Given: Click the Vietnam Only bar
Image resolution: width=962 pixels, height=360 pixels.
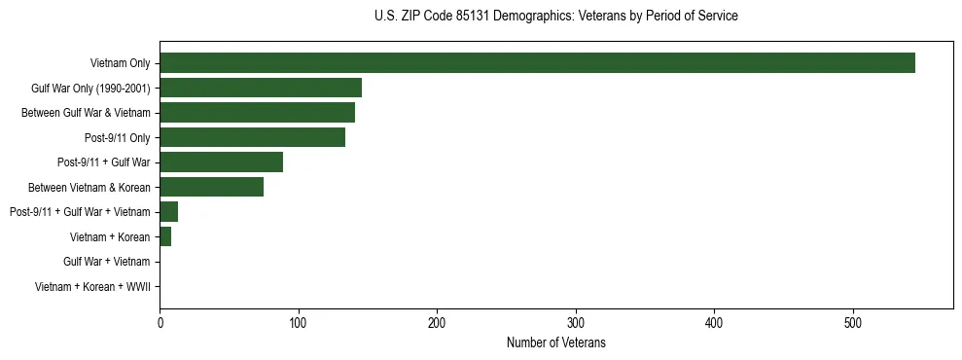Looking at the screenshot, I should click(537, 63).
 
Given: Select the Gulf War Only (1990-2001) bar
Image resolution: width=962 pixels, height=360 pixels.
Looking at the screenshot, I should click(261, 88).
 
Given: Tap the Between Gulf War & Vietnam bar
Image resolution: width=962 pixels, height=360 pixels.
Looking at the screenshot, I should click(257, 113).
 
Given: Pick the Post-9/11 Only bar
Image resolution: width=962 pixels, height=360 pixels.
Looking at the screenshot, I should click(252, 137).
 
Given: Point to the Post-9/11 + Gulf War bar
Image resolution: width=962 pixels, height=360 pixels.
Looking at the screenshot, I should click(221, 162).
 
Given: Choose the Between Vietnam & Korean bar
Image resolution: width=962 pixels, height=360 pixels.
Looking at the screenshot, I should click(211, 187).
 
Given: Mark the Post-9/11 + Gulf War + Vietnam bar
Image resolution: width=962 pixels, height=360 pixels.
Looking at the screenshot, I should click(168, 212).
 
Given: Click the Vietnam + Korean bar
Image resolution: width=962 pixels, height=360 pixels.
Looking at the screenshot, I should click(165, 236).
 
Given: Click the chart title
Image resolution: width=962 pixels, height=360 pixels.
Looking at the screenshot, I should click(555, 17).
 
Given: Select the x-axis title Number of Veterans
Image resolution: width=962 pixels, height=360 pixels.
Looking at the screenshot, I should click(555, 342).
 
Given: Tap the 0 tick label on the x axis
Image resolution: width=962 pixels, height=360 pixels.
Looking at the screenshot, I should click(160, 322).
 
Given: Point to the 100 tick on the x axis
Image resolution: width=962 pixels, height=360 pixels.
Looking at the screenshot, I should click(299, 322).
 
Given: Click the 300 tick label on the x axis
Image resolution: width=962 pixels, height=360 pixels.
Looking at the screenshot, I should click(576, 322).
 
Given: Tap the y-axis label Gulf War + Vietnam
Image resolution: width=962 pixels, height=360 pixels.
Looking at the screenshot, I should click(106, 262).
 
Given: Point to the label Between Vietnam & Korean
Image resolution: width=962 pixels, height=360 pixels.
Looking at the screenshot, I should click(89, 187).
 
